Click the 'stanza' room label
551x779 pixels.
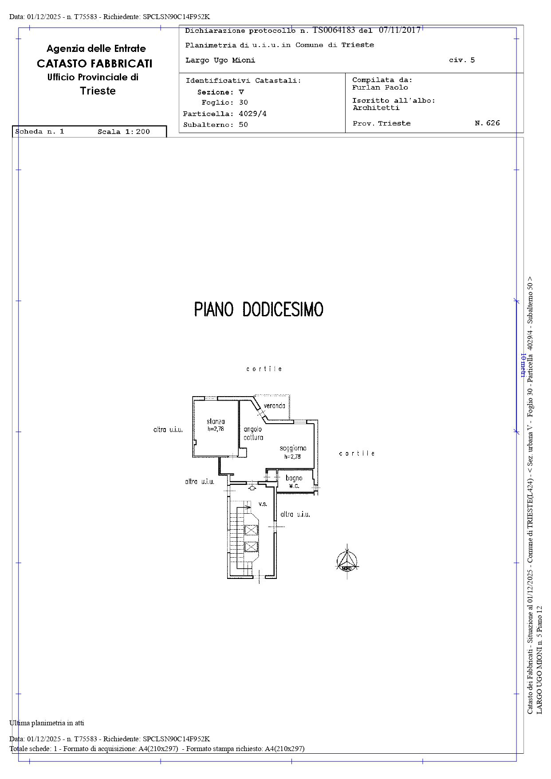(x=216, y=421)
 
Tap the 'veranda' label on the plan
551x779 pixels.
(x=275, y=405)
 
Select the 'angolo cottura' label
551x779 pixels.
(x=253, y=433)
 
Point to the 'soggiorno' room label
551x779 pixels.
(x=293, y=449)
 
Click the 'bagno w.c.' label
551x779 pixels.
(x=294, y=482)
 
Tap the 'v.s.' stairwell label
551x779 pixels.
(x=263, y=504)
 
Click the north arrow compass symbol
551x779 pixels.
(x=347, y=562)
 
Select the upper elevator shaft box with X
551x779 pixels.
(x=251, y=530)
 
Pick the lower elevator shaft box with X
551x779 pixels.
(x=251, y=547)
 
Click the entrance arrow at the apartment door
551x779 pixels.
(x=252, y=488)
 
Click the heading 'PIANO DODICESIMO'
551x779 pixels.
(x=259, y=309)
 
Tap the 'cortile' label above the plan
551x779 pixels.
(x=264, y=369)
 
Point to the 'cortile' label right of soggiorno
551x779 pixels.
(x=357, y=453)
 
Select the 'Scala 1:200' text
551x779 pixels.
(x=124, y=132)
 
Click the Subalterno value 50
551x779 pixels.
(x=243, y=125)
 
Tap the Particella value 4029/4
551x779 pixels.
(x=252, y=114)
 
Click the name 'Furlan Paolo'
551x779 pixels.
(x=380, y=87)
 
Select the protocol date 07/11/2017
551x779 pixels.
(x=400, y=30)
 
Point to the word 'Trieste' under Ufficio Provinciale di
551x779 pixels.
(x=98, y=91)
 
